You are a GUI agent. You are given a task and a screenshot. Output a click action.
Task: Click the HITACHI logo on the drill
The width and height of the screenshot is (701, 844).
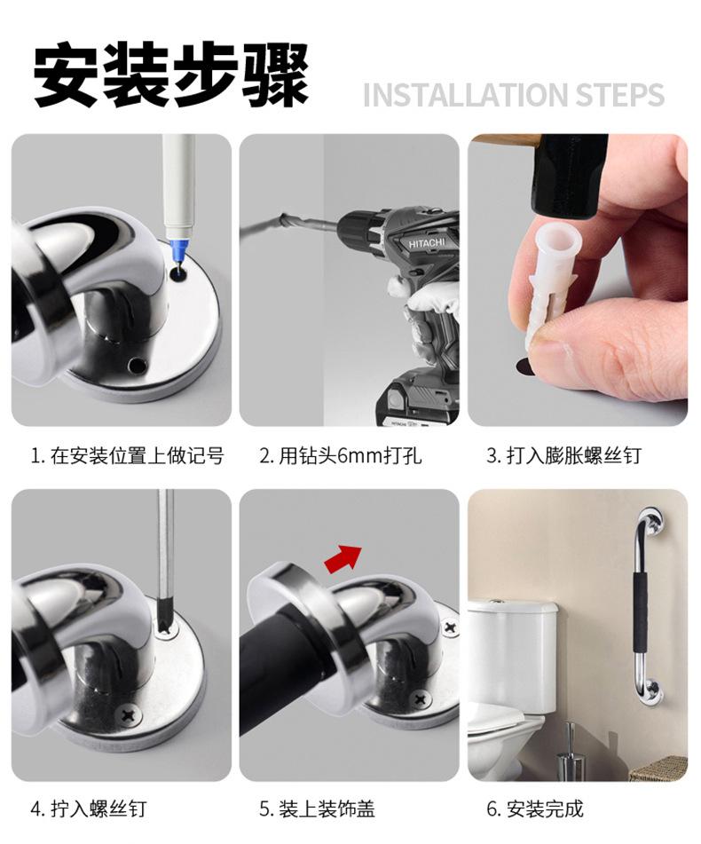[431, 242]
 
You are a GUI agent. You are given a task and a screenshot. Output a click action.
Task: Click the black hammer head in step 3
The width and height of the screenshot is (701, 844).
[569, 173]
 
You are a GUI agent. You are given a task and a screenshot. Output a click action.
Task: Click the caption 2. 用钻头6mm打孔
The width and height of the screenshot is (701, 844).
[340, 456]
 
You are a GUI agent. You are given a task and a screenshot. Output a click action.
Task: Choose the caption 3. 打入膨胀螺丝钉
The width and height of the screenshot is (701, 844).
[563, 456]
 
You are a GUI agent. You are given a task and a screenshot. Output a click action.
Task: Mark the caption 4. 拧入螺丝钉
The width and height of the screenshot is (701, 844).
[88, 809]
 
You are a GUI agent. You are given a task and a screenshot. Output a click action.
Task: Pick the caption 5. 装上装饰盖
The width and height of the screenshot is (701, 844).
[317, 809]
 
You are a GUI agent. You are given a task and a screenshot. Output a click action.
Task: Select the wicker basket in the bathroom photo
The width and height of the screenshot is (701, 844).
[658, 769]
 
